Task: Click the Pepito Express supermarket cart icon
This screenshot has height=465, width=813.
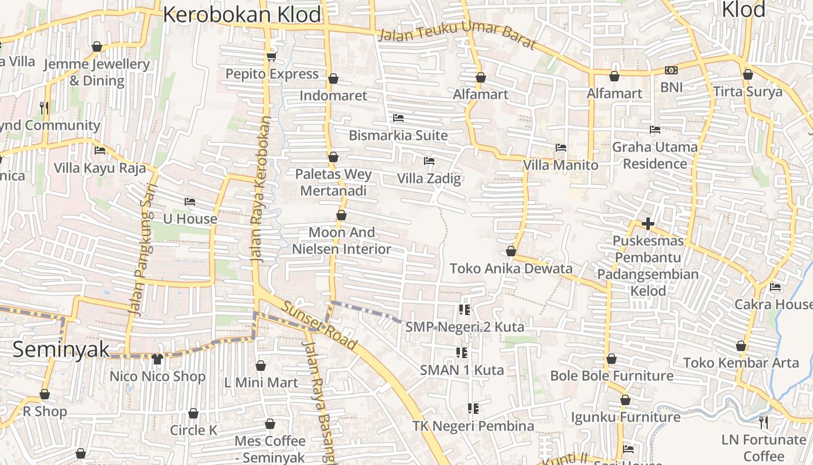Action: pos(271,56)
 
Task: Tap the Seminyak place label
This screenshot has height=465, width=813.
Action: pos(61,349)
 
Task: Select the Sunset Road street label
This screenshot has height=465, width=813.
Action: pos(319,326)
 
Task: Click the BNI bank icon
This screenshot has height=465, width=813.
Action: pos(671,70)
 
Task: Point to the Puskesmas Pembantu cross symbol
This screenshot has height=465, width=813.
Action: pos(648,223)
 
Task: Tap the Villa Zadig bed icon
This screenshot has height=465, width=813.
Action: pos(429,160)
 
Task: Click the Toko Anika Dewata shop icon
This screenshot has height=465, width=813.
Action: pos(511,251)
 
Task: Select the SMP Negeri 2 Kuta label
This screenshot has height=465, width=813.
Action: pos(465,327)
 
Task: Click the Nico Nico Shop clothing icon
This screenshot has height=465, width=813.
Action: pos(157,359)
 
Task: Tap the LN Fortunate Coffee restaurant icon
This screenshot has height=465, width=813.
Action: pos(764,422)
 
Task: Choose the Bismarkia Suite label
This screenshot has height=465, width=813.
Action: pos(398,135)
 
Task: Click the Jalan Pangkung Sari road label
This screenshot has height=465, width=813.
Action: pos(139,250)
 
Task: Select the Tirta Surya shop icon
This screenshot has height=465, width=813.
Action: pos(748,74)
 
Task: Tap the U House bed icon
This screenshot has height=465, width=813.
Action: pos(190,202)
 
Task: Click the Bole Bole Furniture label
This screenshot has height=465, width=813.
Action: pos(611,375)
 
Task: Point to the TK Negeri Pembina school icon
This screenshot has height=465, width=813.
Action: pos(473,409)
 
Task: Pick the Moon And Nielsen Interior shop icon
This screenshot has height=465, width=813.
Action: pos(341,216)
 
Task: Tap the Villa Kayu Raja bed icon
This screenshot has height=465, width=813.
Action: pos(100,151)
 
